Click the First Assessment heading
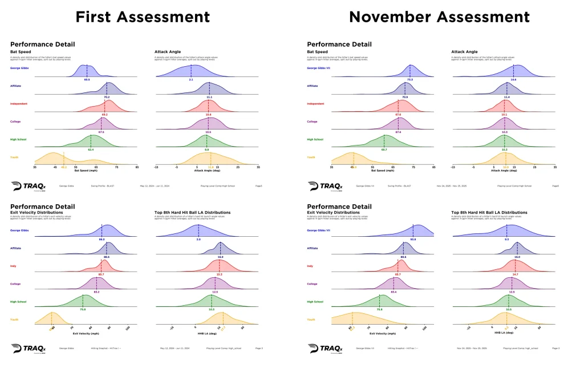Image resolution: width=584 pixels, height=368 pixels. pos(143,17)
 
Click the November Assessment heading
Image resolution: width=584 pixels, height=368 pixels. pos(440,17)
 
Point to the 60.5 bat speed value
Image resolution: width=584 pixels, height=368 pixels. pos(87,79)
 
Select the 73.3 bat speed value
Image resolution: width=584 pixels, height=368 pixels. pos(410,79)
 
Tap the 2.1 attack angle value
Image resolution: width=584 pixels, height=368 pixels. pos(191,79)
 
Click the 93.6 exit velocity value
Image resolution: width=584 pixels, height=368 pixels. pos(412,239)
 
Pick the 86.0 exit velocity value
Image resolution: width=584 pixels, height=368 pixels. pos(102,239)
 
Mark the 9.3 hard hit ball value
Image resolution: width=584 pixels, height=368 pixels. pos(506,239)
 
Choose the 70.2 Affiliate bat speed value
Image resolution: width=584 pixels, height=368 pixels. pos(107,97)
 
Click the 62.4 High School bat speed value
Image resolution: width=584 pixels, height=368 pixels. pos(91,149)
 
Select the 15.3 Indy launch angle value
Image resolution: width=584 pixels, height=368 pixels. pos(219,274)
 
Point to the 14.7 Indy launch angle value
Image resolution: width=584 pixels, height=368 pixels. pos(515,274)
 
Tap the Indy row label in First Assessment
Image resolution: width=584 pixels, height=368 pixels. pos(14,266)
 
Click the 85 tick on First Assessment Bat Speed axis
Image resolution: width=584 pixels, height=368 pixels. pos(137,167)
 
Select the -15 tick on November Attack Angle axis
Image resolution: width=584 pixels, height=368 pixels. pos(453,167)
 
